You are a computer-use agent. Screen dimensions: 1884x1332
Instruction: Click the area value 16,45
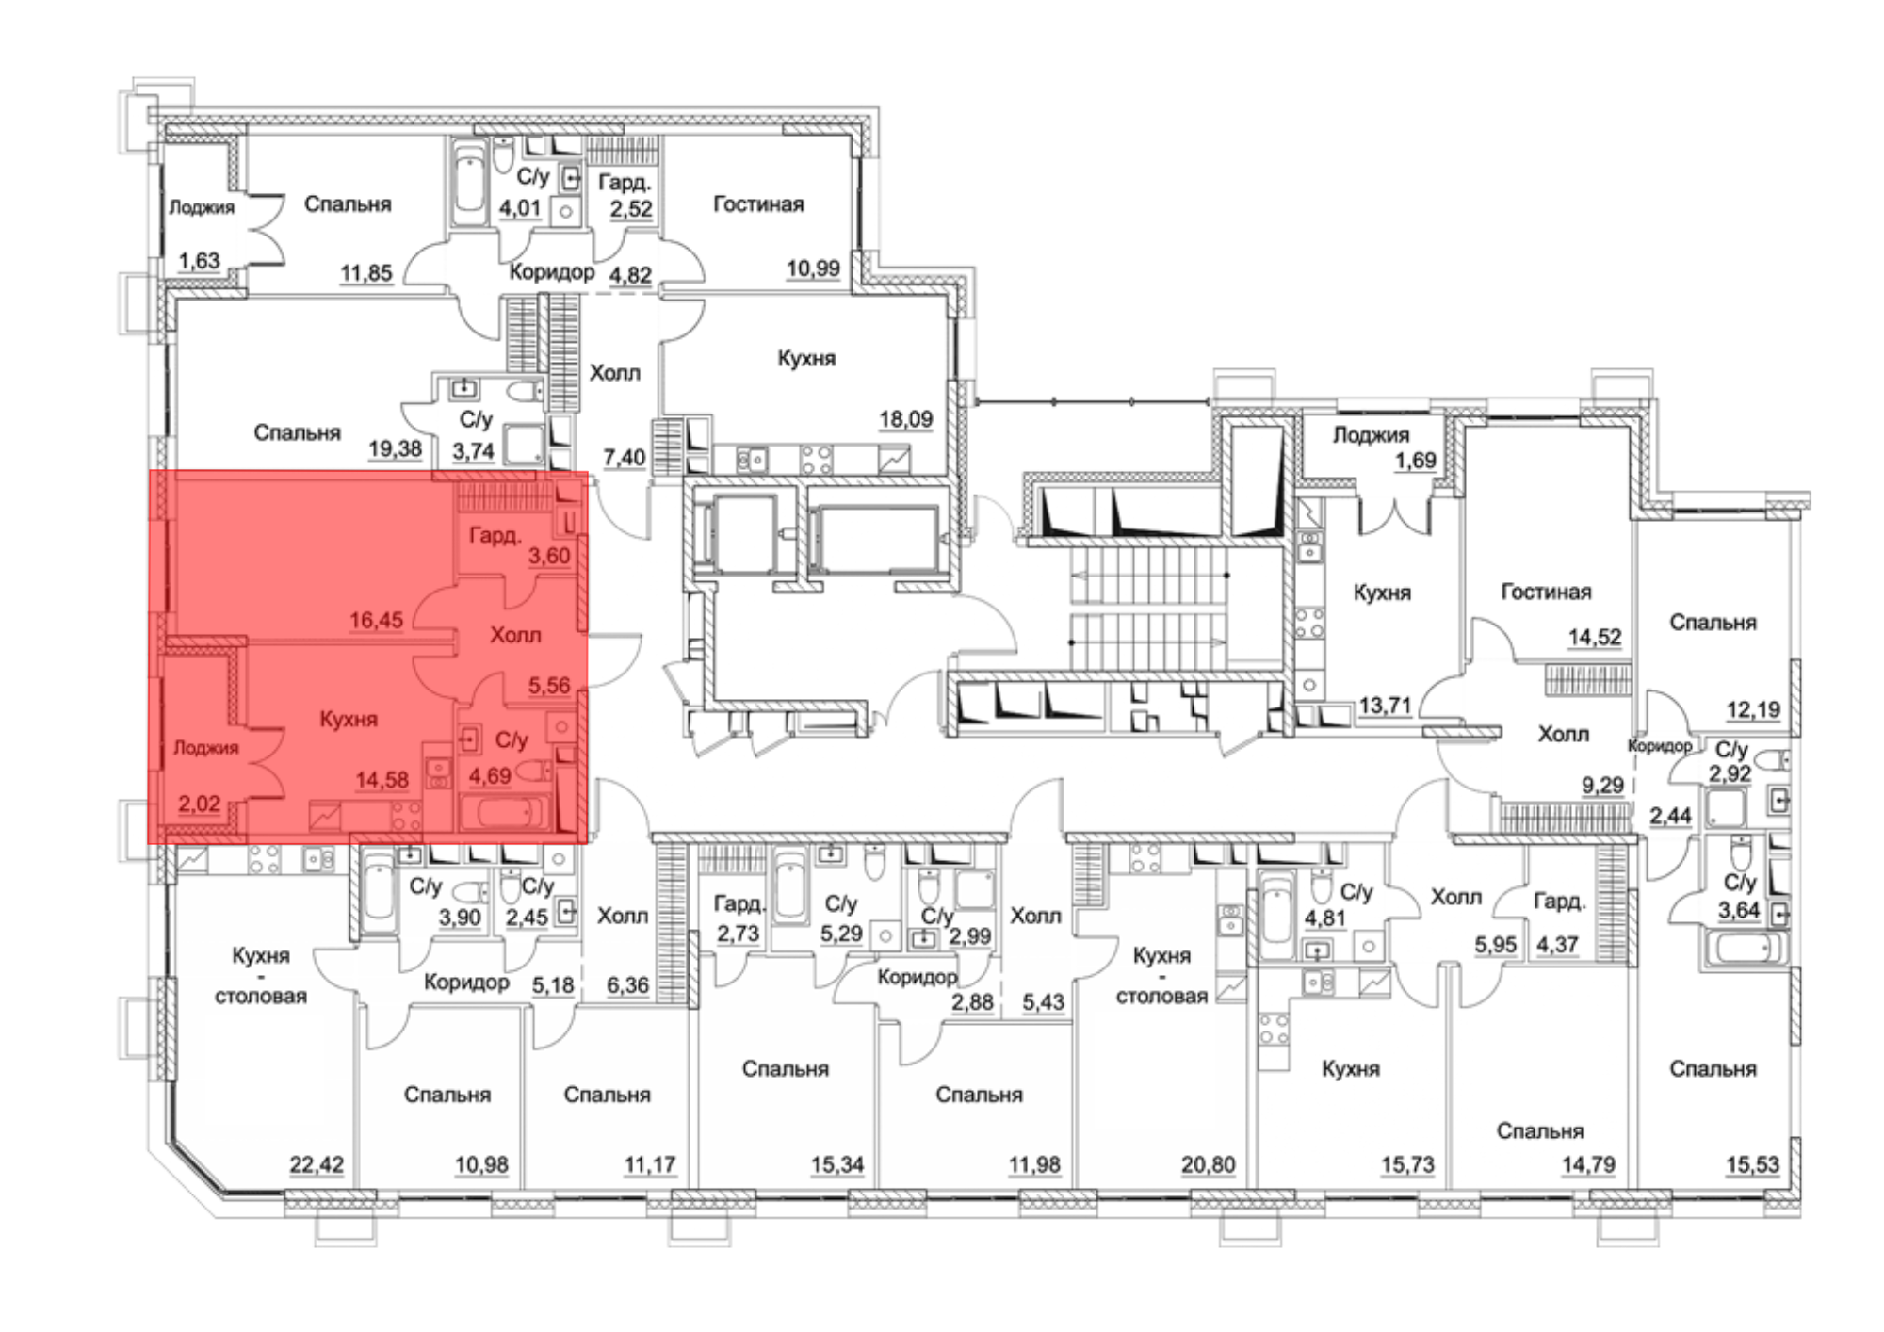376,620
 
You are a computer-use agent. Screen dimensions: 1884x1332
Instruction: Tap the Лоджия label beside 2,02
206,748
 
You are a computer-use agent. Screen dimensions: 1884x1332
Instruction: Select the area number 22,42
317,1164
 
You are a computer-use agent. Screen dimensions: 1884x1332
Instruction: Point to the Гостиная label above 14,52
1546,592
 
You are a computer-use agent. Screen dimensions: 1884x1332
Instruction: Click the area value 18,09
906,418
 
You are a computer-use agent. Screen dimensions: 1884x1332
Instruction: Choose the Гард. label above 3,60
495,536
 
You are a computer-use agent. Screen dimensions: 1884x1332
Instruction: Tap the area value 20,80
1209,1164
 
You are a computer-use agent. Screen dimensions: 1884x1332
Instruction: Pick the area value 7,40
625,458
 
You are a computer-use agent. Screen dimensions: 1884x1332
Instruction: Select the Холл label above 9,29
1563,733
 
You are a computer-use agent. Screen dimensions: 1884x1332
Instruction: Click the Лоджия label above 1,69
1371,435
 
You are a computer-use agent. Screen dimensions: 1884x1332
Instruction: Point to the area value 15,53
1753,1164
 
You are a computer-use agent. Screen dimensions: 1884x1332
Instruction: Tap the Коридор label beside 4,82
552,272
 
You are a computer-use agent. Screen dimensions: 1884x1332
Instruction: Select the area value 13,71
1385,705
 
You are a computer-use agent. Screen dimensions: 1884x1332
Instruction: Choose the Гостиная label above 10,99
758,204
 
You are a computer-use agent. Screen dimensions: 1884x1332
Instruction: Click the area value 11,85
366,273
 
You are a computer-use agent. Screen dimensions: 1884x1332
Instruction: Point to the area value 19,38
395,448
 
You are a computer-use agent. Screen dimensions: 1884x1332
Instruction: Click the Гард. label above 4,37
1559,902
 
